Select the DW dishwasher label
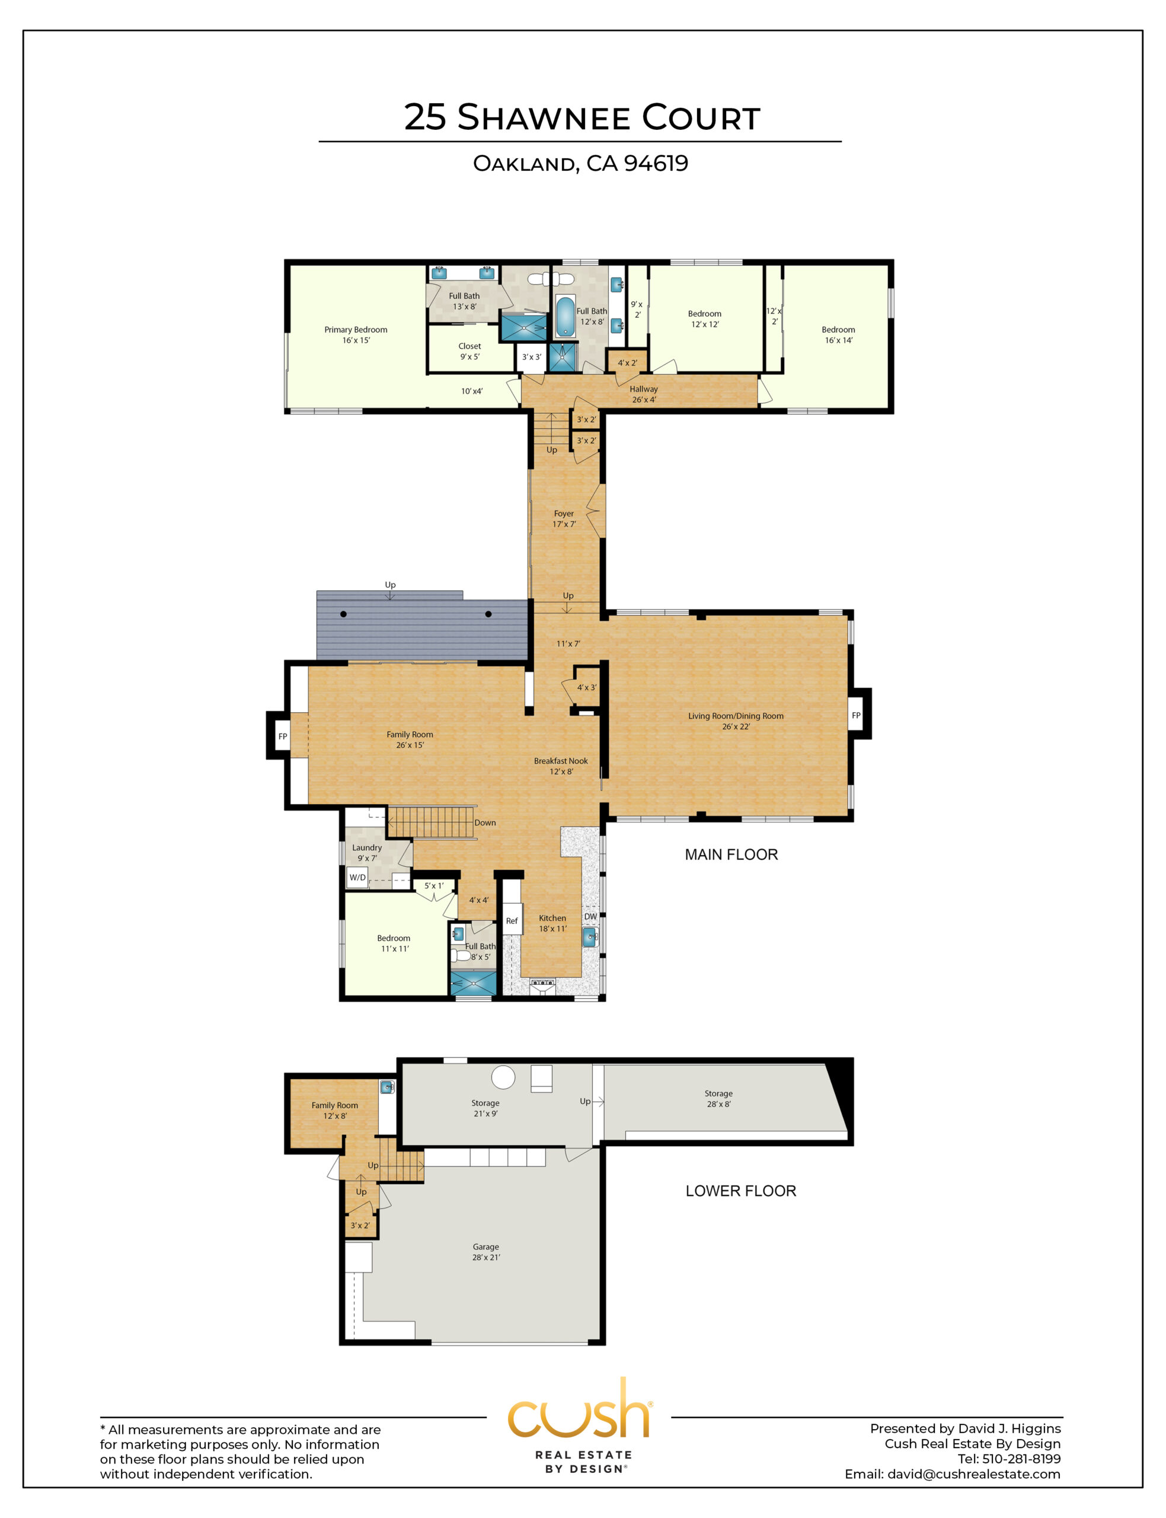point(590,916)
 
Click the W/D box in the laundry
point(357,878)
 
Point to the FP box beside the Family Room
point(283,736)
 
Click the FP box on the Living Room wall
point(856,715)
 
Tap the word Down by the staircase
point(485,822)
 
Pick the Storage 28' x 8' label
point(718,1098)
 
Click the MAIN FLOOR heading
point(731,854)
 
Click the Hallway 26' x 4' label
point(643,394)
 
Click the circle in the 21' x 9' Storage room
point(503,1077)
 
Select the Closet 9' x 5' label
point(469,351)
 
